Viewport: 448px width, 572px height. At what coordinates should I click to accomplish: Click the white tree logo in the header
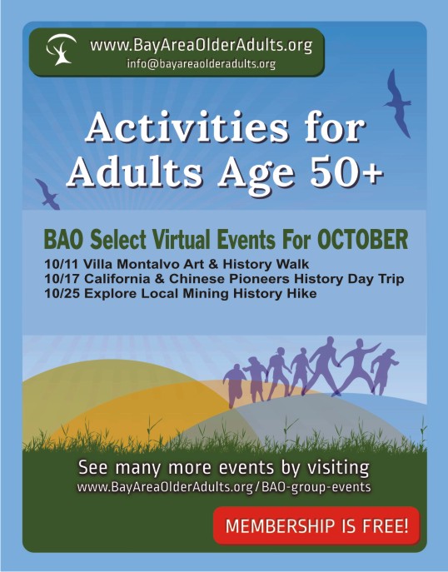(61, 49)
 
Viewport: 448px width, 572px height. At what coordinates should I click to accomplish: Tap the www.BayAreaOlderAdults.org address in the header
(201, 46)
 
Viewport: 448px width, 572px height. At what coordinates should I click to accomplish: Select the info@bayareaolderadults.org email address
(201, 64)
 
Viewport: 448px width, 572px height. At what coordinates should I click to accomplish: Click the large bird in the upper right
(397, 103)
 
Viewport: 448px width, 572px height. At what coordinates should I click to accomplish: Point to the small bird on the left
(47, 194)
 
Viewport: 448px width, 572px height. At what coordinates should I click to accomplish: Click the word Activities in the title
(187, 127)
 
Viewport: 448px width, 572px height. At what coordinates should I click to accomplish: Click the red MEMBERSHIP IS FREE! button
(316, 525)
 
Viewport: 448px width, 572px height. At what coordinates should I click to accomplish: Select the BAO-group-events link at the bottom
(316, 487)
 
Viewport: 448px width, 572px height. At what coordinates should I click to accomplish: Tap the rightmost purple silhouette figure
(383, 371)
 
